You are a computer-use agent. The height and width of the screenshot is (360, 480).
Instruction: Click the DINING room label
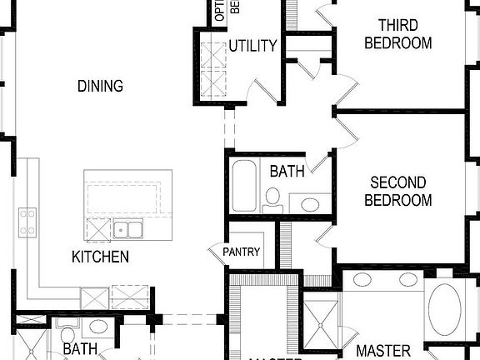(100, 86)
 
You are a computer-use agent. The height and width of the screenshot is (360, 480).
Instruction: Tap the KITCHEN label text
(100, 257)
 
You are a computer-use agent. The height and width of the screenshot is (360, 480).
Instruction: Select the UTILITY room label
(252, 45)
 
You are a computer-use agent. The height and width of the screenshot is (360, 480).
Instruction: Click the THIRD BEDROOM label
(398, 34)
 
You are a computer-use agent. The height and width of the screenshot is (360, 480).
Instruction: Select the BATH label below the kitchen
(80, 349)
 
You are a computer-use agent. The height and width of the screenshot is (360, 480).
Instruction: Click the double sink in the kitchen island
(128, 229)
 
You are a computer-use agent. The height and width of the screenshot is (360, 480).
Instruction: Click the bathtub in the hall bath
(244, 185)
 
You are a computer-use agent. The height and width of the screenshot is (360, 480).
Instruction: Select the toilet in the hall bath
(272, 198)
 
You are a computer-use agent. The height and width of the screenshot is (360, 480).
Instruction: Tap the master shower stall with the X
(319, 322)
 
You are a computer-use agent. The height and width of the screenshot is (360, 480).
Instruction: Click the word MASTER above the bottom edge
(383, 351)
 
